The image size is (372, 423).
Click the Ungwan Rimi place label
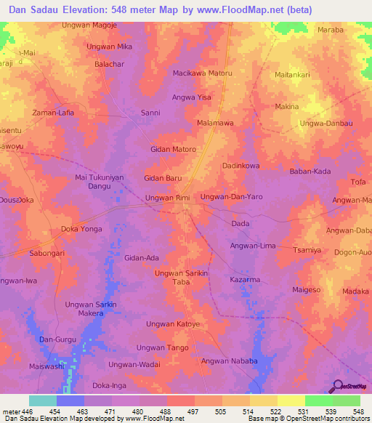[x=168, y=198]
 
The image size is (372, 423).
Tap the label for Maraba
[x=330, y=30]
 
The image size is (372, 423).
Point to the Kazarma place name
[x=245, y=279]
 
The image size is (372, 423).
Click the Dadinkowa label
[x=240, y=166]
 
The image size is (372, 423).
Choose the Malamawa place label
[x=215, y=124]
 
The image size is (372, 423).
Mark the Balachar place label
[x=110, y=64]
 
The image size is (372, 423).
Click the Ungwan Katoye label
[x=173, y=323]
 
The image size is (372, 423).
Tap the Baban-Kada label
[x=310, y=172]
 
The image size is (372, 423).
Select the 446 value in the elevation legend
[x=26, y=411]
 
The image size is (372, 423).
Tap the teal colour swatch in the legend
[x=42, y=400]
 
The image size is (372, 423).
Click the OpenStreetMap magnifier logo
[x=339, y=387]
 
